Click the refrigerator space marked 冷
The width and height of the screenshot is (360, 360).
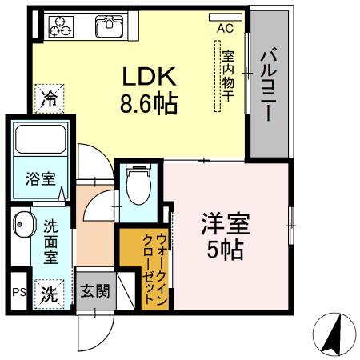coord(48,99)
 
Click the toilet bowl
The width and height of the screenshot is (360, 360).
coord(140,183)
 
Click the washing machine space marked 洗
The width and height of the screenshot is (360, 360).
coord(50,292)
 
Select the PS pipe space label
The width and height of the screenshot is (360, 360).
coord(18,293)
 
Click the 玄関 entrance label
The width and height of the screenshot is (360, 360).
coord(96,291)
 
